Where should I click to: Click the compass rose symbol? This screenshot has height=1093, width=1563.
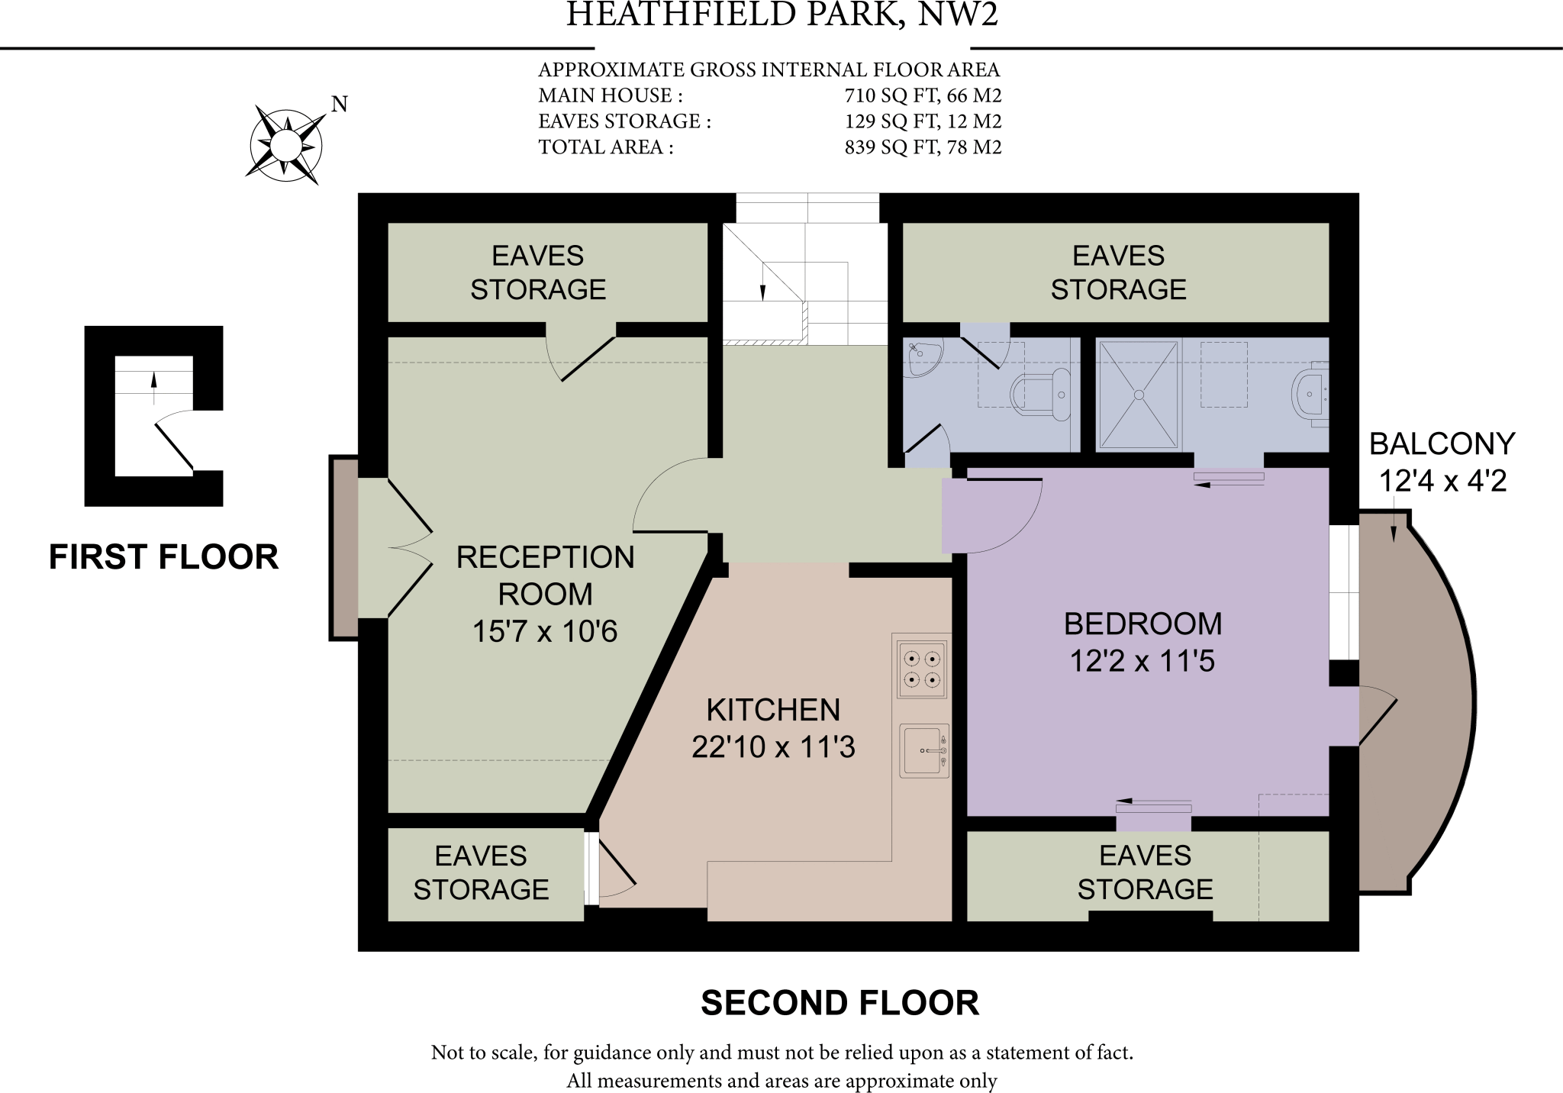pyautogui.click(x=285, y=144)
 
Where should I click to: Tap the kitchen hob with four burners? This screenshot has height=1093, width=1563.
pyautogui.click(x=921, y=669)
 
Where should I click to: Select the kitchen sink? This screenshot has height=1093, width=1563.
pyautogui.click(x=923, y=751)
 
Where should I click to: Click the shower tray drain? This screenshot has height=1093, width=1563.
pyautogui.click(x=1138, y=395)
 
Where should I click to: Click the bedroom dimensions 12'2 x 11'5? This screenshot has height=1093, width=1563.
pyautogui.click(x=1142, y=661)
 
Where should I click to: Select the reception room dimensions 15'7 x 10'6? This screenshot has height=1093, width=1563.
pyautogui.click(x=544, y=631)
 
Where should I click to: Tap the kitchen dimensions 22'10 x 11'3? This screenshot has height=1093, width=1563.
pyautogui.click(x=772, y=746)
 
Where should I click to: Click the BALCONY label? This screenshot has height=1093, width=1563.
pyautogui.click(x=1441, y=444)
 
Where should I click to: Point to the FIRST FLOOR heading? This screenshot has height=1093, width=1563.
pyautogui.click(x=163, y=557)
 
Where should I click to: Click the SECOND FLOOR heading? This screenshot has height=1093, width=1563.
pyautogui.click(x=840, y=1003)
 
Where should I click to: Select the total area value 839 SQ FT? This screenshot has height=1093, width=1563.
pyautogui.click(x=922, y=147)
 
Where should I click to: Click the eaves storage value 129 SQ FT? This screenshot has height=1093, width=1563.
pyautogui.click(x=922, y=121)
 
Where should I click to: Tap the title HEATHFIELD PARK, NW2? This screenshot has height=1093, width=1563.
pyautogui.click(x=781, y=15)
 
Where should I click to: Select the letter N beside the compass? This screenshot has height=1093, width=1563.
pyautogui.click(x=340, y=105)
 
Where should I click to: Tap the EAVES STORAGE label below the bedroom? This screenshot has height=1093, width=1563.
pyautogui.click(x=1145, y=872)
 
